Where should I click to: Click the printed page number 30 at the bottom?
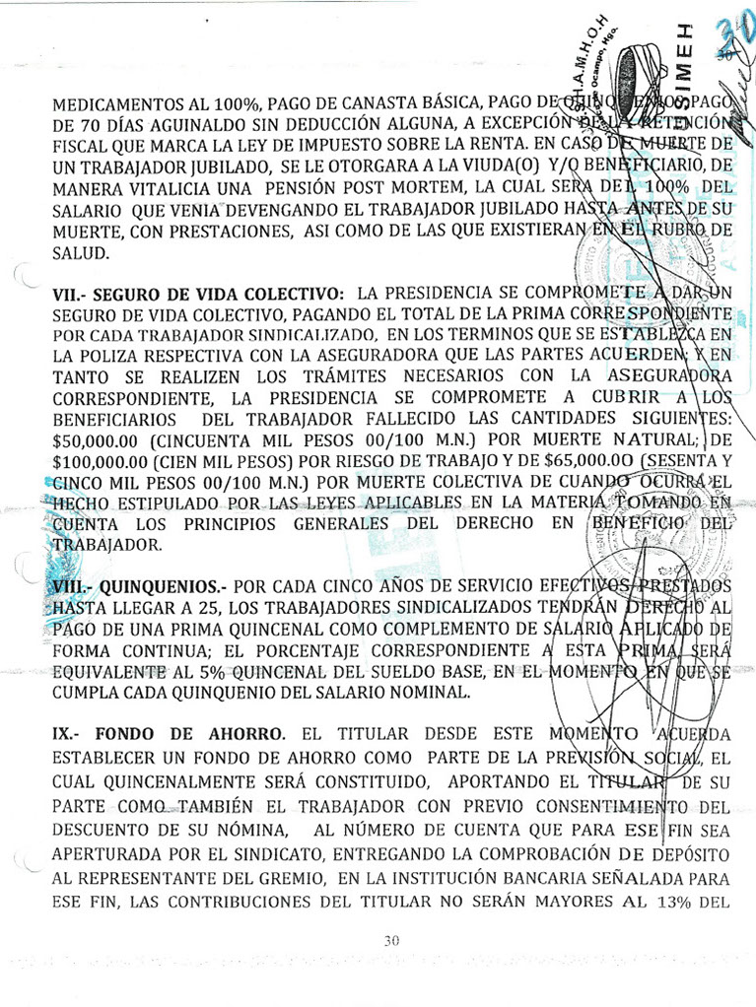click(391, 941)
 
